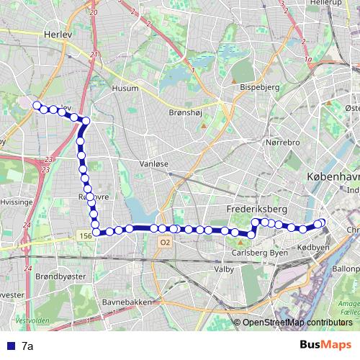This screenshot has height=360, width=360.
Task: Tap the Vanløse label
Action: coord(153,163)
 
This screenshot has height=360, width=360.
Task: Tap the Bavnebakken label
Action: coord(127,302)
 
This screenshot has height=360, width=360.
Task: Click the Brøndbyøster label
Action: coord(60,275)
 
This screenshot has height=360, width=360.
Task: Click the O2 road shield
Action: coord(165,243)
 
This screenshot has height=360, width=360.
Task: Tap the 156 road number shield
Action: coord(85,235)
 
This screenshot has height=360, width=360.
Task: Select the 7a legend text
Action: coord(28,346)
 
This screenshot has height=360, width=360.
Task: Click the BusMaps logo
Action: coord(325,345)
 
